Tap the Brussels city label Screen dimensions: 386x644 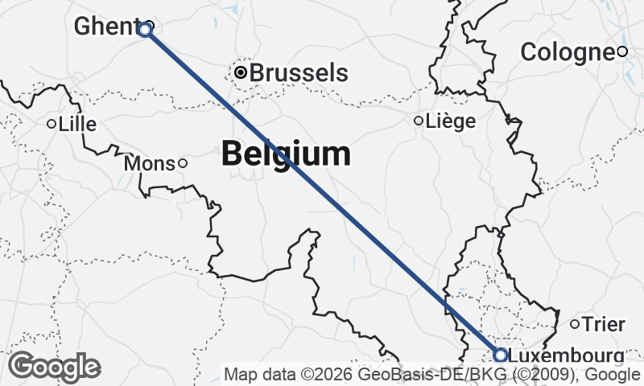coord(299,72)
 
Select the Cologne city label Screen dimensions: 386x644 coord(567,52)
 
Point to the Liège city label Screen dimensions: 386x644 coord(450,121)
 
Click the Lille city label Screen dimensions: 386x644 coord(77,124)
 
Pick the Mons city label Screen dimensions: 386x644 coord(150,163)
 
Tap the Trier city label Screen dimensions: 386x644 coord(603,324)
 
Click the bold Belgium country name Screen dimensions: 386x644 coord(286,153)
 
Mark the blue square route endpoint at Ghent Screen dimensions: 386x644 coord(144,31)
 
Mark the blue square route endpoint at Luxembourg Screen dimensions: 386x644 coord(500,355)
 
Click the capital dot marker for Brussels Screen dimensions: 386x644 coord(241,73)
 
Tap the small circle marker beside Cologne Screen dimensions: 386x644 coord(622,52)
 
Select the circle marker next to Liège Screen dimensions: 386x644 coord(418,121)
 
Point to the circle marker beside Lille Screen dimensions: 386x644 coord(51,124)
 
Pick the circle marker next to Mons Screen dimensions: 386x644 coord(183,163)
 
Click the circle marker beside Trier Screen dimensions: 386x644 coord(575,324)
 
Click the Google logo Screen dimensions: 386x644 coord(54,367)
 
